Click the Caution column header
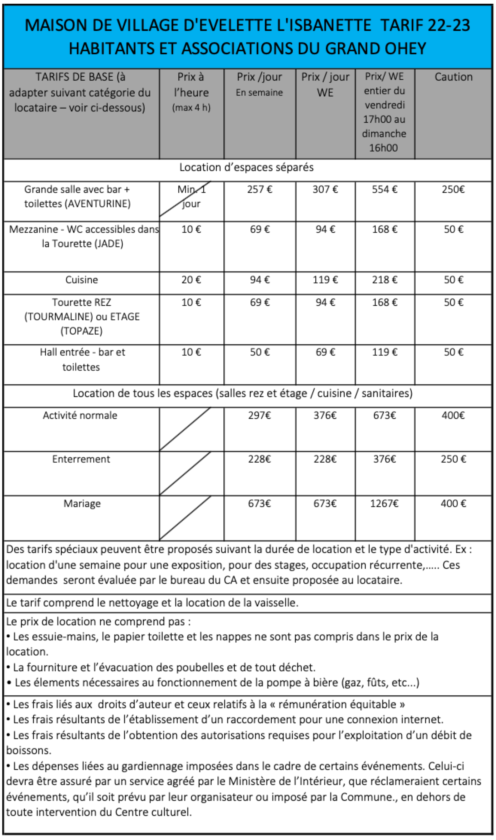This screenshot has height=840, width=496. (453, 77)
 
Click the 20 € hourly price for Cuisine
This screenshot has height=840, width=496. (191, 280)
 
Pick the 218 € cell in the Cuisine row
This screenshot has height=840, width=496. (385, 280)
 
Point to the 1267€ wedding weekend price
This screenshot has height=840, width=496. (384, 503)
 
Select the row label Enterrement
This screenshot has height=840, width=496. (81, 459)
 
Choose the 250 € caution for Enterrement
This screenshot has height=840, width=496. (453, 459)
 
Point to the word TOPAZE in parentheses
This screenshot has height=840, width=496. (81, 331)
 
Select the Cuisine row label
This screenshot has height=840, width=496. (81, 280)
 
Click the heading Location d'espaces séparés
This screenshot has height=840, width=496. (247, 167)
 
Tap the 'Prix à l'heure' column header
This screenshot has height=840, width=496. (191, 92)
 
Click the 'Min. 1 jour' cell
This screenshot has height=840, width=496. (191, 197)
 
